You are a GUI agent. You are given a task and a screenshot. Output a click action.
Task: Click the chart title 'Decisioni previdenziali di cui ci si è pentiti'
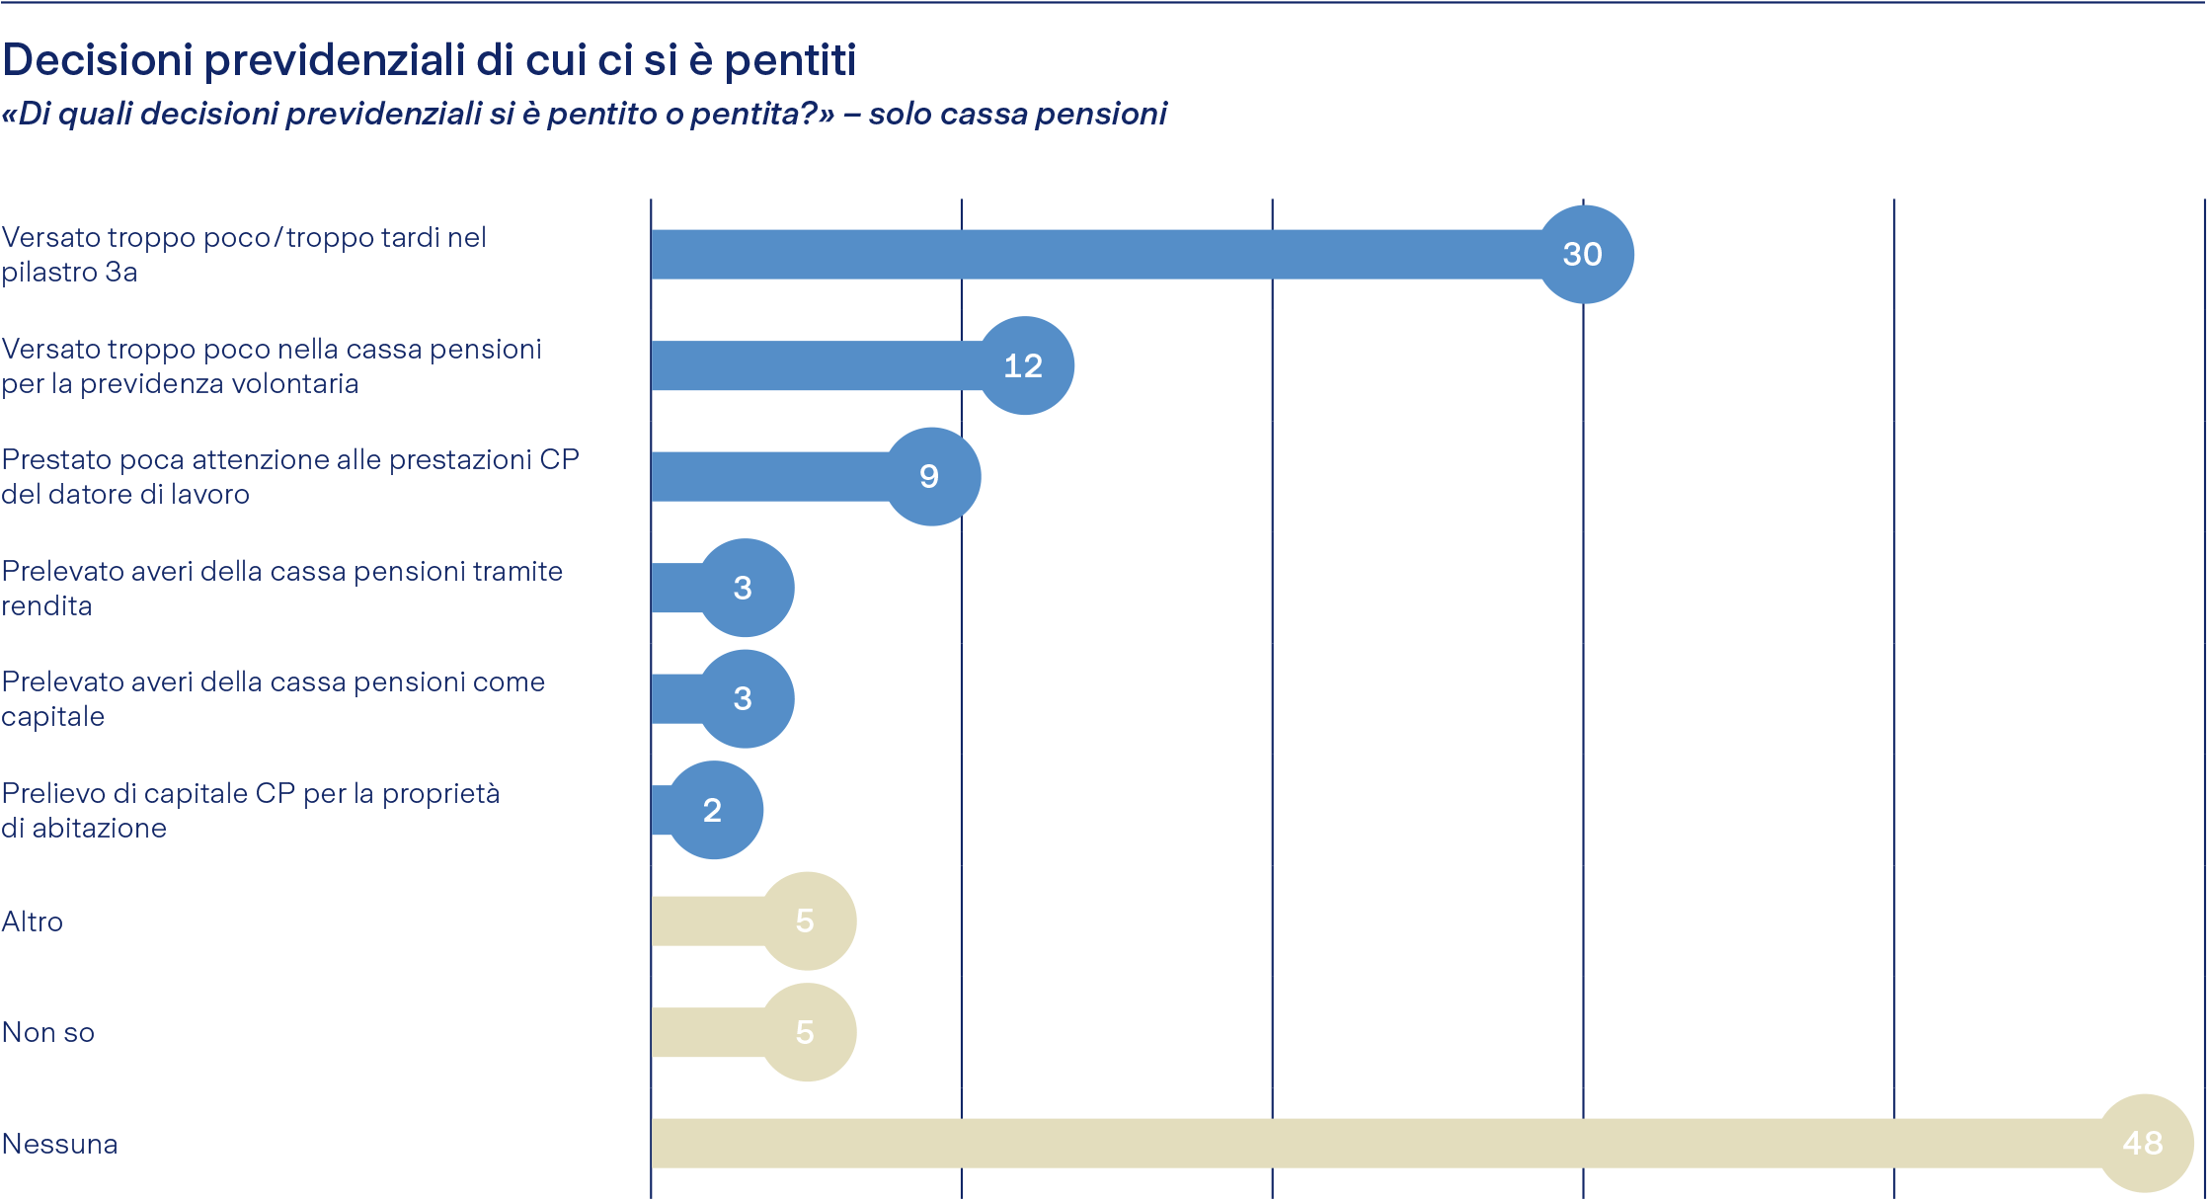429,60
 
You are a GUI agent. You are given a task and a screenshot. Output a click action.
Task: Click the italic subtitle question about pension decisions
583,115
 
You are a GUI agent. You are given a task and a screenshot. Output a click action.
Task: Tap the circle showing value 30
1583,255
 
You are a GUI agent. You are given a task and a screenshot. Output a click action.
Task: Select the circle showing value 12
1024,366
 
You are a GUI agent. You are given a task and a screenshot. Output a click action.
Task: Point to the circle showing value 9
930,477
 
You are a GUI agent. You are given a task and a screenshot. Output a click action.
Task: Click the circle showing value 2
713,811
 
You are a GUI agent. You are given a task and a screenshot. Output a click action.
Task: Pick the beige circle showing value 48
2143,1144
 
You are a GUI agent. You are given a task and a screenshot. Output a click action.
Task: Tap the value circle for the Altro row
806,921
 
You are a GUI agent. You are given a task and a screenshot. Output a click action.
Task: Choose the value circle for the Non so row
806,1033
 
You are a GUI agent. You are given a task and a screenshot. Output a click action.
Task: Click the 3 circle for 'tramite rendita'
745,589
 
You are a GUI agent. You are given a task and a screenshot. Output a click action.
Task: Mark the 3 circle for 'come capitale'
745,699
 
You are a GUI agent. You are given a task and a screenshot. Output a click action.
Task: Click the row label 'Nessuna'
60,1145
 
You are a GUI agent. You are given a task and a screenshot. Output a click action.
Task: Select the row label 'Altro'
33,922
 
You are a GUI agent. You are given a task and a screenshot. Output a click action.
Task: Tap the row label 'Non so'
48,1033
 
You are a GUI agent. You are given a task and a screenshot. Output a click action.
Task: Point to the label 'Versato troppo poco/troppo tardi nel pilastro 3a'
244,255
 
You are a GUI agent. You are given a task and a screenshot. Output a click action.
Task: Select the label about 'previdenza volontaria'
272,366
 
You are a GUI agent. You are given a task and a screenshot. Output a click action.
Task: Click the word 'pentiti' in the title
790,60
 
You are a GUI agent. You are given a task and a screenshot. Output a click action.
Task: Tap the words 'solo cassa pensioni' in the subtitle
1018,115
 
